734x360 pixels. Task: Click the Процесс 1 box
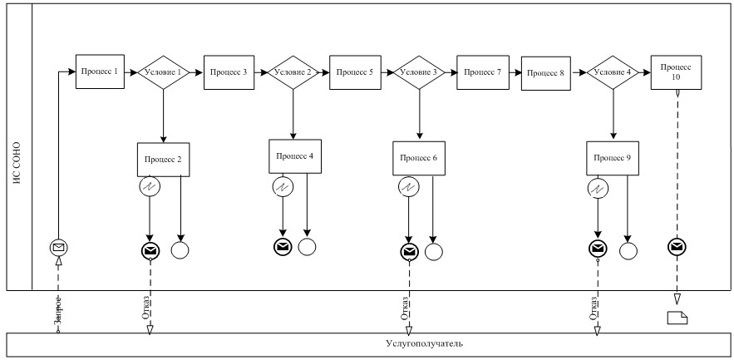coord(99,72)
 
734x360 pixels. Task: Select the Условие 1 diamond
coord(163,73)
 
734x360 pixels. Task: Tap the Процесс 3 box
coord(227,72)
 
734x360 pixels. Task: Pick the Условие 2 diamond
coord(292,73)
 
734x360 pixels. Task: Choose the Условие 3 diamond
coord(418,73)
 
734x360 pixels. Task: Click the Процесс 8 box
coord(544,73)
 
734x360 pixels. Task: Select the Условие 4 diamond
coord(613,73)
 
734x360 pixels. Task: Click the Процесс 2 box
coord(162,159)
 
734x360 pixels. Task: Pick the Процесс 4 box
coord(293,155)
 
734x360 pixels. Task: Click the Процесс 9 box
coord(613,156)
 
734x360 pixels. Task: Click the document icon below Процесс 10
coord(677,316)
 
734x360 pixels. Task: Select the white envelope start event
coord(58,247)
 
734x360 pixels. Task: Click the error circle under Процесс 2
coord(150,188)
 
